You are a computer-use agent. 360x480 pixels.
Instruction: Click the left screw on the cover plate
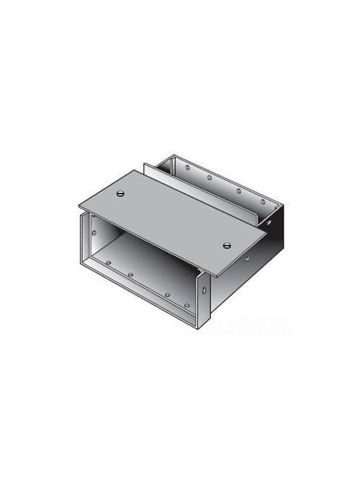pos(118,193)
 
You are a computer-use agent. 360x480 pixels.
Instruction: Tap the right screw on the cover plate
pos(228,245)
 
